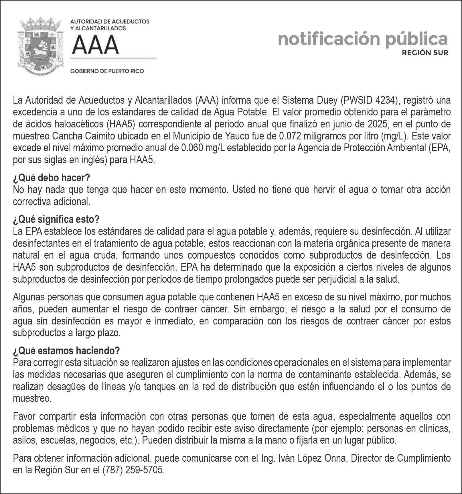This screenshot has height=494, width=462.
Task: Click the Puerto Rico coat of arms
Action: point(41,46)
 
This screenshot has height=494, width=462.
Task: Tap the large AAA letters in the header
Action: point(95,45)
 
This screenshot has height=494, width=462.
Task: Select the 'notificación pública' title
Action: point(362,39)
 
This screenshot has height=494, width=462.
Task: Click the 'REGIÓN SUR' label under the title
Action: point(425,53)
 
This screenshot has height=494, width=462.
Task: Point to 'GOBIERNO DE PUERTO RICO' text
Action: point(107,71)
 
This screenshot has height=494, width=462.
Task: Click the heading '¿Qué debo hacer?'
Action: point(52,178)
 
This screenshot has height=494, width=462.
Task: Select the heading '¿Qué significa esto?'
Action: point(56,220)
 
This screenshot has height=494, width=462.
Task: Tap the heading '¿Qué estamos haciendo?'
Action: point(66,351)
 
